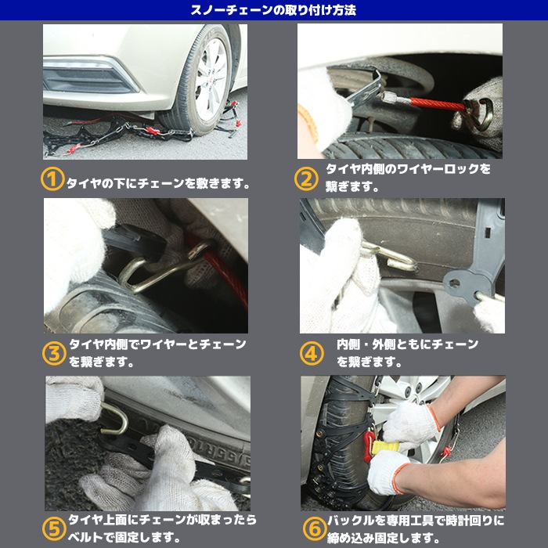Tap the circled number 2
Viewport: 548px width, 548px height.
coord(306,179)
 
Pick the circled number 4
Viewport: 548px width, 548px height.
coord(311,353)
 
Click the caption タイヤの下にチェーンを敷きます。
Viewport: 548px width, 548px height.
coord(159,184)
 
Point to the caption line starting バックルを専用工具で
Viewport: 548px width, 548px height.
coord(414,521)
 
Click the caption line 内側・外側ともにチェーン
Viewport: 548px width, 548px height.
coord(407,344)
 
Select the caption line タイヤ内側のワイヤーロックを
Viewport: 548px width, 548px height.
coord(408,169)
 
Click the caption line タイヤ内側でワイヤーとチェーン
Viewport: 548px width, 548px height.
coord(157,344)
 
